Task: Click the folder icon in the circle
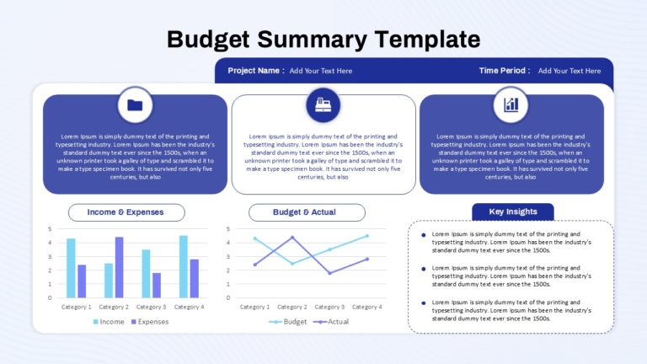(x=135, y=105)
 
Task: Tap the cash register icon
(x=323, y=104)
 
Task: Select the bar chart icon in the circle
(x=511, y=104)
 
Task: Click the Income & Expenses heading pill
(x=126, y=212)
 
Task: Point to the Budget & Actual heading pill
(x=307, y=212)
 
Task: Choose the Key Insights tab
(x=513, y=211)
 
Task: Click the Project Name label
(x=256, y=71)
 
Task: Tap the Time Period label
(x=505, y=71)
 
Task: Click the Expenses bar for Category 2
(x=120, y=267)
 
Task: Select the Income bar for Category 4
(x=184, y=266)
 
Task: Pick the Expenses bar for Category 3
(x=157, y=285)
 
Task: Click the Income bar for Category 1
(x=71, y=268)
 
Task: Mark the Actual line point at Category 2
(x=292, y=238)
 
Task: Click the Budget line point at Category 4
(x=367, y=236)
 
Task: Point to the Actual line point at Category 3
(x=329, y=273)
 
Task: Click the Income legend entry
(x=109, y=322)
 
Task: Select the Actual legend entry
(x=331, y=322)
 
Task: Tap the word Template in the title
(x=427, y=40)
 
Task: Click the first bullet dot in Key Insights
(x=424, y=235)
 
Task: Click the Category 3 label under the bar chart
(x=151, y=307)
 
